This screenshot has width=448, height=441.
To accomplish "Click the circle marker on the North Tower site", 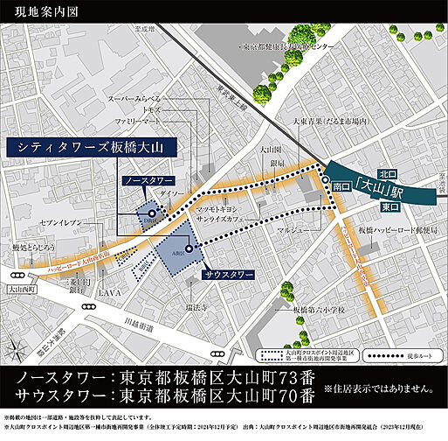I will [152, 212].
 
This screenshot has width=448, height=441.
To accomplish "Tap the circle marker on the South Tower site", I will [188, 248].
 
